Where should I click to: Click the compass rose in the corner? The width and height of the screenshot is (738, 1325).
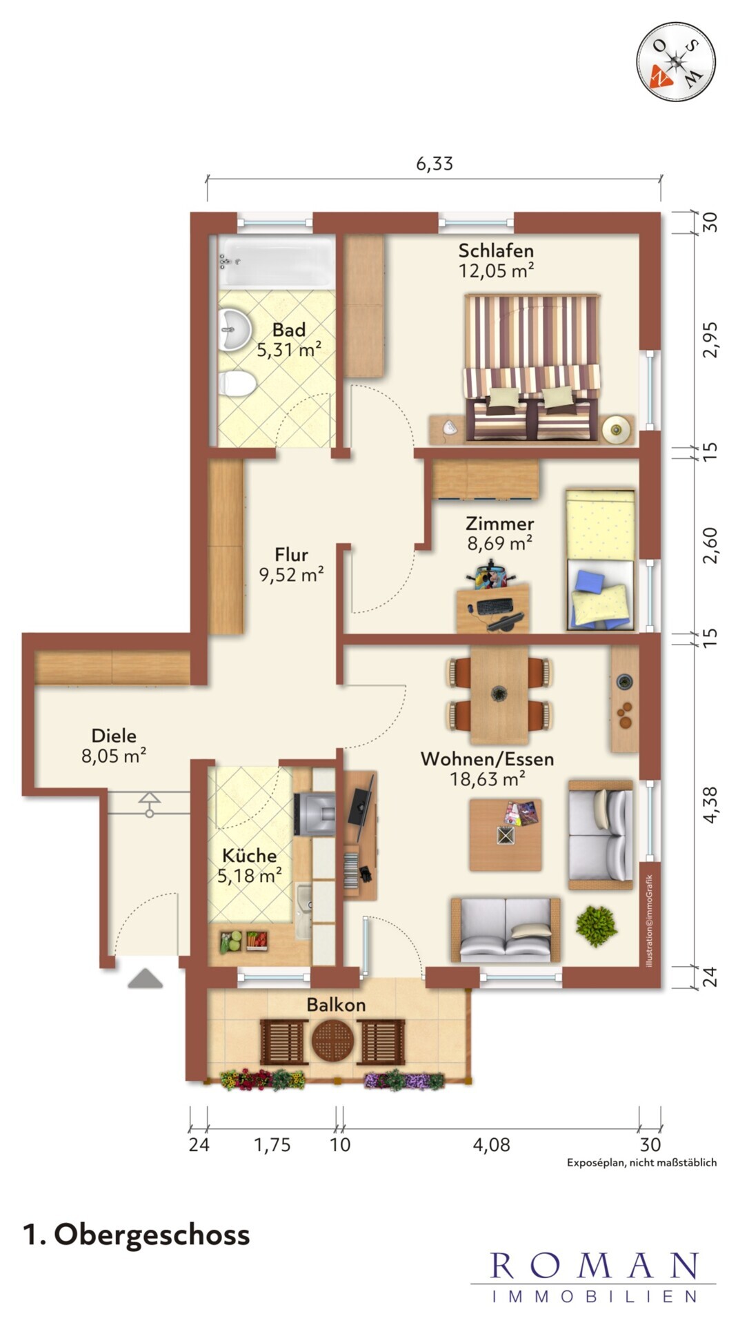pos(675,61)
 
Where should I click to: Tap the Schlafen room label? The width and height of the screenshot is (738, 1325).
pos(496,251)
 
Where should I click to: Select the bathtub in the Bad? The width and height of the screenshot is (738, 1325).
pos(277,261)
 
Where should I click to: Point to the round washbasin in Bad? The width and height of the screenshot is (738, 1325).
pos(235,330)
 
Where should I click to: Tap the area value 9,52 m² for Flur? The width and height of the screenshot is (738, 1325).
pos(291,575)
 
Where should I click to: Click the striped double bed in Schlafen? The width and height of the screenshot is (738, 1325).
pos(532,367)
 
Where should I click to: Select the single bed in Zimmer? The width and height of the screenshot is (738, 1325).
pos(600,560)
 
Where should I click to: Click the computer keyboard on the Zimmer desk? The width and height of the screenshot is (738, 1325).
pos(494,606)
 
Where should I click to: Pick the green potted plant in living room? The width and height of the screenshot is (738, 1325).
pos(597,925)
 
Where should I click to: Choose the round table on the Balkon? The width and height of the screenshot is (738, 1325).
pos(332,1042)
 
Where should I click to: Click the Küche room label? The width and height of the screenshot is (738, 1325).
pos(250,856)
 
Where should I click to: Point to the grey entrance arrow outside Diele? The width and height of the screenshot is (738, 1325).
pos(146,979)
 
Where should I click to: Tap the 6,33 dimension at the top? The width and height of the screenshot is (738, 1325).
pos(435,164)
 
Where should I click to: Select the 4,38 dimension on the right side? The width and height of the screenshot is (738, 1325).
pos(710,805)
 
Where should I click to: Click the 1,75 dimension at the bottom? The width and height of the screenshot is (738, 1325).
pos(272,1145)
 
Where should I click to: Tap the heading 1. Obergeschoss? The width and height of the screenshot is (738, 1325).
pos(137,1234)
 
